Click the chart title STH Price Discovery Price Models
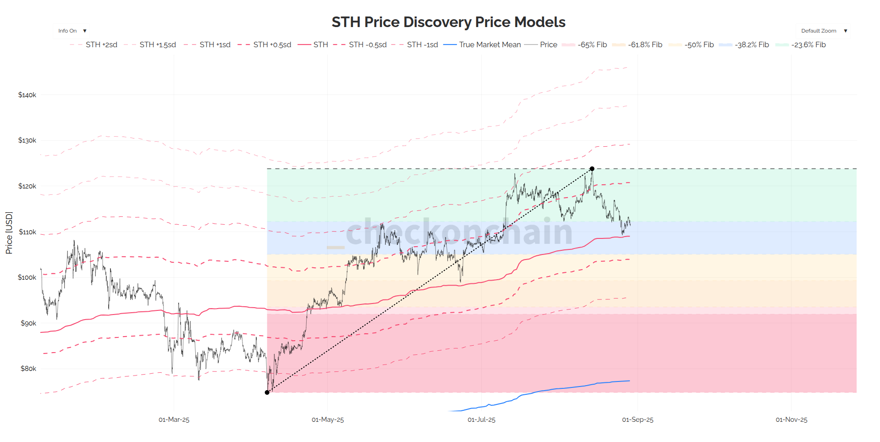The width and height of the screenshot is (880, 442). click(448, 22)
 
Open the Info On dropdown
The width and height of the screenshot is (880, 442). click(71, 31)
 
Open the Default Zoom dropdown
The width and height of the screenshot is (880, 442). click(823, 31)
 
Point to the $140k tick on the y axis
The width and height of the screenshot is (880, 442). click(27, 95)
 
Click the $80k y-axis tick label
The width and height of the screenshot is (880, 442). click(28, 369)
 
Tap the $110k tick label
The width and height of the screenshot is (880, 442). click(27, 232)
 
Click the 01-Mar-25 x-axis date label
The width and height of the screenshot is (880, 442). click(174, 420)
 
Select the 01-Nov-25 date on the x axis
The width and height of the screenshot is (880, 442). click(791, 420)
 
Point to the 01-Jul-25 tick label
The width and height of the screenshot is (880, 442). click(481, 420)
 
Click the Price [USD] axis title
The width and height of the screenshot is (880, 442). click(9, 232)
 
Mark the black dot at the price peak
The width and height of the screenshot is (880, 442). click(592, 169)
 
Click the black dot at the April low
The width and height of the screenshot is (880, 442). click(267, 392)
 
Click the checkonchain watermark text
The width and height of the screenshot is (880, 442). click(458, 232)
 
